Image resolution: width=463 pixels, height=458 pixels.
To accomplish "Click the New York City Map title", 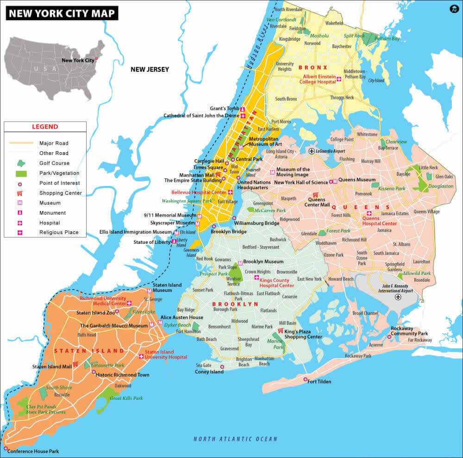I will pos(62,13).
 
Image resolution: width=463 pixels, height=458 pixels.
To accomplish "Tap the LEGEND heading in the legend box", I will pos(45,127).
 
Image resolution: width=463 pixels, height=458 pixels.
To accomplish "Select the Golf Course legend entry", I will pos(54,163).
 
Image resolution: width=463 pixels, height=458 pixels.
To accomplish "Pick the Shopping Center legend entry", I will pos(60,193).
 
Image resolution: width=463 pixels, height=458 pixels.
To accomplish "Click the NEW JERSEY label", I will pos(150,70).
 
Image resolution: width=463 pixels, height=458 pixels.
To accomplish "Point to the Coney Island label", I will pos(209,372).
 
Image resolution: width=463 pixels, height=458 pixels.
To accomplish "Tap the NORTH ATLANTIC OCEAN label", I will pos(235,439).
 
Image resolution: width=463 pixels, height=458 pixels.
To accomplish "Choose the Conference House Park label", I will pos(33,451).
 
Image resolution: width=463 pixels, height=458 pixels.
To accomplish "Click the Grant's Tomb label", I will pos(224,109).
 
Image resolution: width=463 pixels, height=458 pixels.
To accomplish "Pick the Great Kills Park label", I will pos(126,398).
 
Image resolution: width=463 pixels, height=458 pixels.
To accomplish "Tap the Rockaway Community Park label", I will pos(409,331).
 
